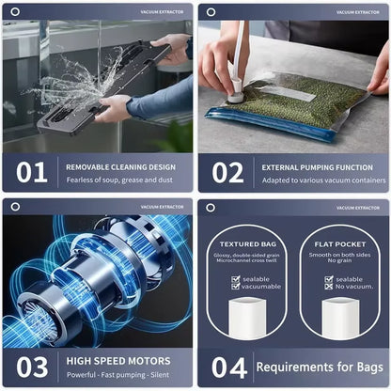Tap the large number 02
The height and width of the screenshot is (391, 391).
point(227,172)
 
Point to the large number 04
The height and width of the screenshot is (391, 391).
point(227,367)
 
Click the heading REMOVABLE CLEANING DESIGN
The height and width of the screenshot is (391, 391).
point(119,166)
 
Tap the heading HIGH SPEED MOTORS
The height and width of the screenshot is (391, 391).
point(118,360)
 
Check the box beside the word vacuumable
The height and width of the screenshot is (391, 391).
point(236,287)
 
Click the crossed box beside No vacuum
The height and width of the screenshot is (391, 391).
point(328,287)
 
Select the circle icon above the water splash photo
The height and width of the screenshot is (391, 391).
point(15,11)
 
